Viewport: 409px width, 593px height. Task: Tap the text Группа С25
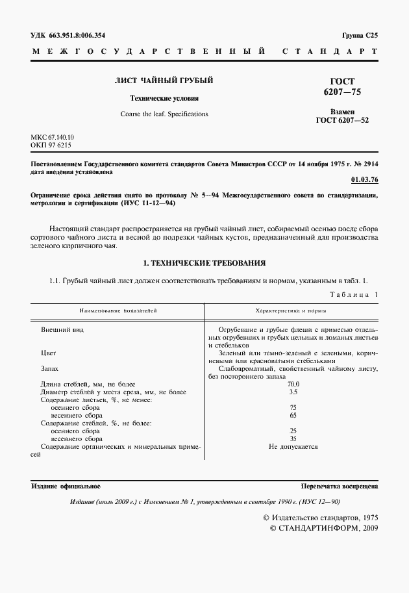tap(359, 34)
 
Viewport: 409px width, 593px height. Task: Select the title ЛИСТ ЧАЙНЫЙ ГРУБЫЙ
tap(164, 81)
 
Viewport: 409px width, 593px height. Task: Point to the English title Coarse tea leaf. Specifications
tap(164, 114)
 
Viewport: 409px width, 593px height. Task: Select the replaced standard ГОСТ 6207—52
tap(342, 120)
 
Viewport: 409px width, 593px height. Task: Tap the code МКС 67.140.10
tap(53, 138)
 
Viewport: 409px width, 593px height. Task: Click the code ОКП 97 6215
tap(51, 145)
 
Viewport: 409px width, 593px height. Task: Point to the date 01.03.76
tap(364, 179)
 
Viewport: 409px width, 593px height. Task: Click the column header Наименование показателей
tap(118, 312)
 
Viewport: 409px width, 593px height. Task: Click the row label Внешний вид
tap(62, 330)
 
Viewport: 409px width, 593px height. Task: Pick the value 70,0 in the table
tap(293, 384)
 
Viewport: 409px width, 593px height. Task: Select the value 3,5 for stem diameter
tap(293, 392)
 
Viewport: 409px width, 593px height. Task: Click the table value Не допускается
tap(293, 447)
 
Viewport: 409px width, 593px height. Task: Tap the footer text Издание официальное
tap(66, 486)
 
